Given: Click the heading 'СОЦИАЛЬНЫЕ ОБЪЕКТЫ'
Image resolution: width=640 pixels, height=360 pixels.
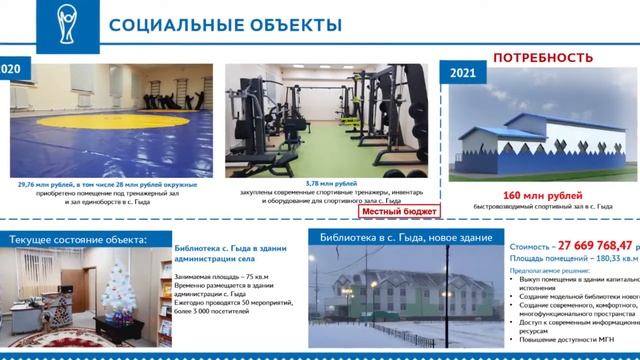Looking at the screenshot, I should [x=225, y=24].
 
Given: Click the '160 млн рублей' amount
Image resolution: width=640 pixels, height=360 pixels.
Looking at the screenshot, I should [x=543, y=195].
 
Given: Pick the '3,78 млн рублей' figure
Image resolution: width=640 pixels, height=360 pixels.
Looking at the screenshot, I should [x=331, y=184].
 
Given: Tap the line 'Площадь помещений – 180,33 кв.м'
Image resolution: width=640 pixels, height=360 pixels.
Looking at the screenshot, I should [x=572, y=258].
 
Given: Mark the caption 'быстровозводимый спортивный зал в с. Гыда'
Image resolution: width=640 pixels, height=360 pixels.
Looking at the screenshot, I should [x=543, y=206].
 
